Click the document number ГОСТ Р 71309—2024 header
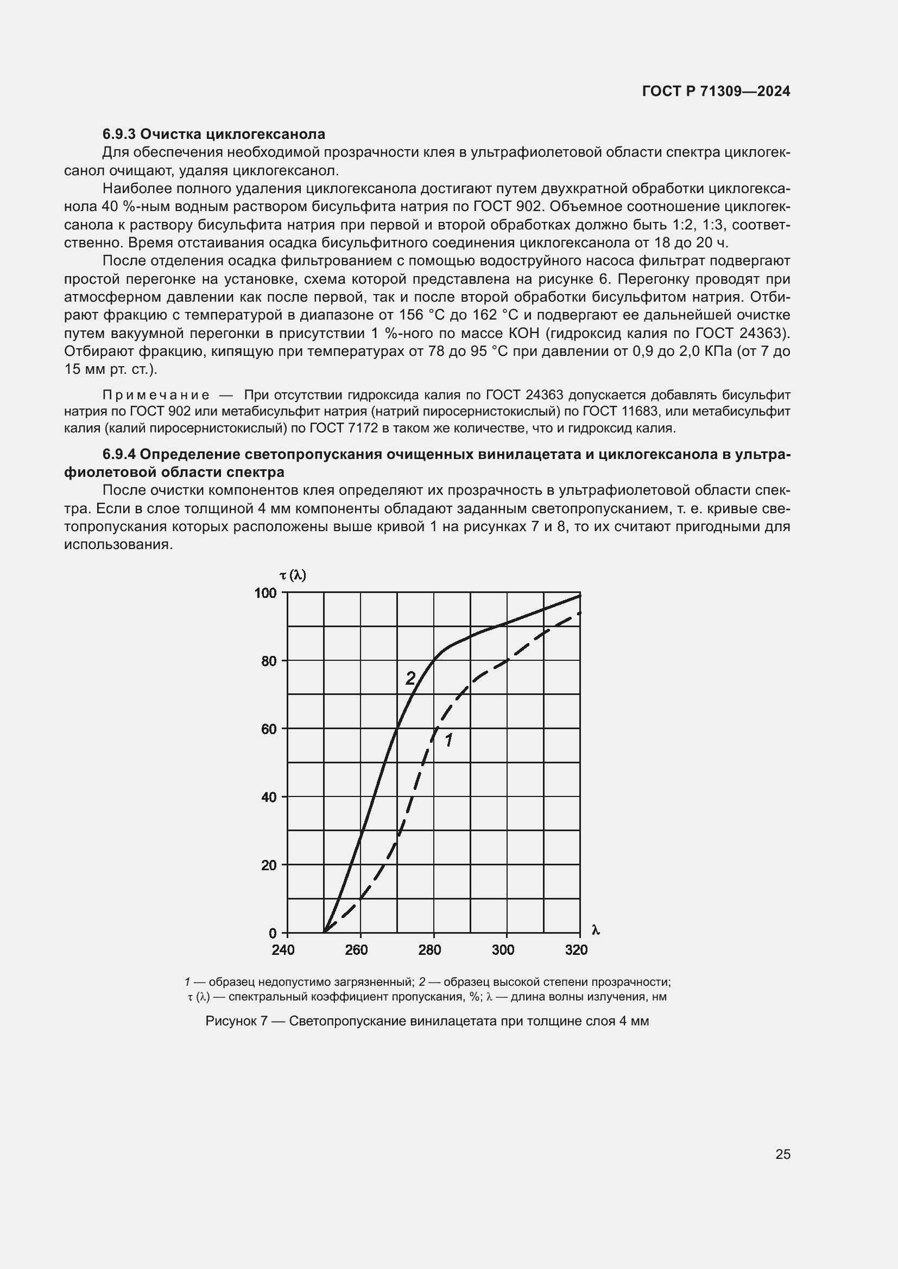coord(716,91)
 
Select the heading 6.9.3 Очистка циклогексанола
coord(213,134)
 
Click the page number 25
coord(783,1154)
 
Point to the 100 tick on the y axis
coord(265,593)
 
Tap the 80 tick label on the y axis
coord(269,661)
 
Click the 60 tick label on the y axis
coord(269,729)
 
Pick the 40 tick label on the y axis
coord(269,797)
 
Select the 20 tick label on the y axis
coord(269,865)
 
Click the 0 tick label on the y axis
coord(273,934)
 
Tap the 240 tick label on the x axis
coord(283,949)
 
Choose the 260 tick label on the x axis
coord(356,949)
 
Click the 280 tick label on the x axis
coord(429,949)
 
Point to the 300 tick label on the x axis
coord(503,949)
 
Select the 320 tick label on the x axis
coord(576,949)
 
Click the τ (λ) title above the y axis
coord(293,575)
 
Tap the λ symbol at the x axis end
coord(596,930)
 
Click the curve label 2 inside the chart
coord(410,678)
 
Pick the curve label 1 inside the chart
coord(448,740)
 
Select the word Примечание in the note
coord(156,394)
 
